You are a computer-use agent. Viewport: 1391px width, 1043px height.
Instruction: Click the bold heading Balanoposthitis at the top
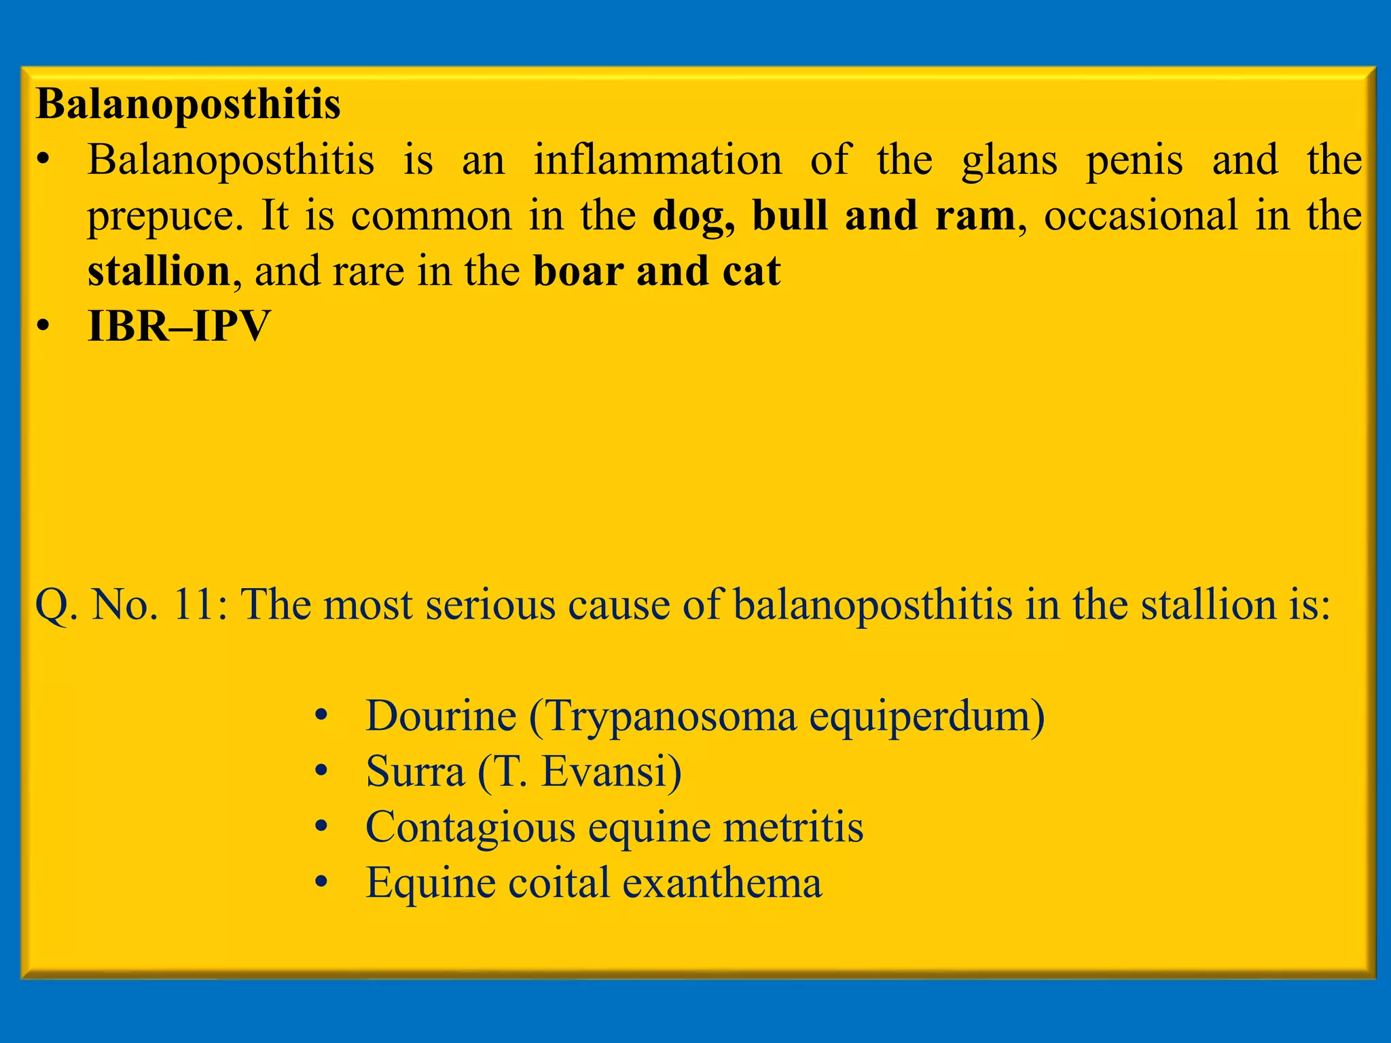[x=188, y=105]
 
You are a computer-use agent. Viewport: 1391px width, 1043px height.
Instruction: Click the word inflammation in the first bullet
[x=657, y=160]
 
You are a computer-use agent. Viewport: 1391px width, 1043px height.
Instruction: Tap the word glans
[x=1009, y=162]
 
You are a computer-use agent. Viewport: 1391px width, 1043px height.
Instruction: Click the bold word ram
[x=975, y=216]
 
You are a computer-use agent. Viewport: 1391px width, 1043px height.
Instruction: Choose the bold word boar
[x=578, y=272]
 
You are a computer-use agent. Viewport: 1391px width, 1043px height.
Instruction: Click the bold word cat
[x=751, y=272]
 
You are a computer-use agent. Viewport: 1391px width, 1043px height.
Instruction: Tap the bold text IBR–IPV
[x=179, y=327]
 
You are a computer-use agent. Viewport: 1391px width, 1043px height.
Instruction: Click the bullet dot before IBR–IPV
[x=44, y=327]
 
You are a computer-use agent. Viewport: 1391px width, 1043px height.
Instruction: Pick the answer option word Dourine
[x=440, y=716]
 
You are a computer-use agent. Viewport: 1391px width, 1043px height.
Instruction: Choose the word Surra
[x=415, y=771]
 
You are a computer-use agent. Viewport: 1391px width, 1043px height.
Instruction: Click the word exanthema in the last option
[x=722, y=883]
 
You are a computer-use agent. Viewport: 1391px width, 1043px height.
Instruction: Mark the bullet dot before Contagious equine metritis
[x=322, y=827]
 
